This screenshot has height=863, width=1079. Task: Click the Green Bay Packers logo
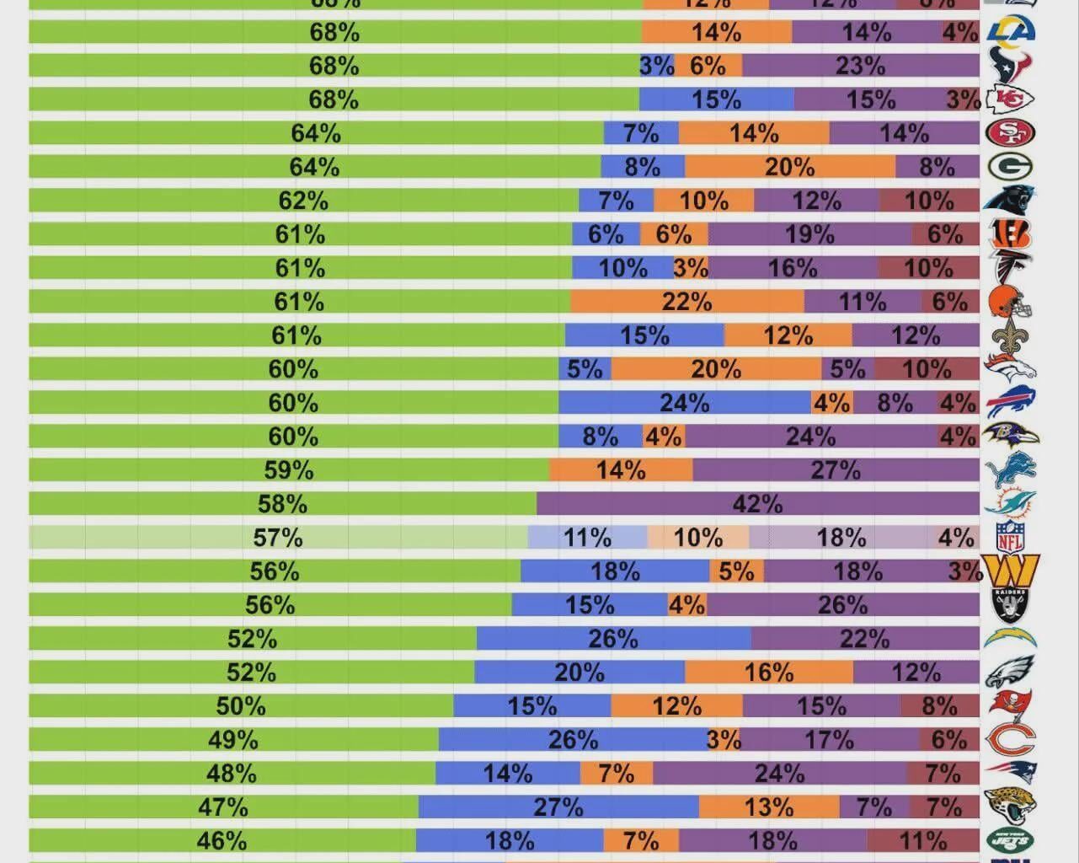[1011, 166]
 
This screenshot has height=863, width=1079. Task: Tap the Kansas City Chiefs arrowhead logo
[1011, 99]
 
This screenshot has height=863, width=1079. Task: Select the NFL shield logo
[1010, 537]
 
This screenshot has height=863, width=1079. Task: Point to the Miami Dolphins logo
[1010, 503]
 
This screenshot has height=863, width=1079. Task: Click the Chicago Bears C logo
[1010, 739]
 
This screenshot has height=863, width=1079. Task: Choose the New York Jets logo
[1010, 840]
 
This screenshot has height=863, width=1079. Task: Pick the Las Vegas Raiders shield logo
[1010, 604]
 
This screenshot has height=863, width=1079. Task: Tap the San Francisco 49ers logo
[1011, 133]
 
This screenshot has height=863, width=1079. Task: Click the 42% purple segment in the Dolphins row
[758, 504]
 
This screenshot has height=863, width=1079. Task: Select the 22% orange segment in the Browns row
[686, 302]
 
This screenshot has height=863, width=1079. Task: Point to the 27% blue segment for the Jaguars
[558, 807]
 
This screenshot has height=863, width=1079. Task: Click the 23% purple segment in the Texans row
[860, 66]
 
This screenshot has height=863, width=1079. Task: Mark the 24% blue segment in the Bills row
[684, 403]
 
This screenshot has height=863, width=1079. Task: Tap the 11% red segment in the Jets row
[923, 840]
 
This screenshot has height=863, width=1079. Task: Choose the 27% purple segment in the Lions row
[836, 470]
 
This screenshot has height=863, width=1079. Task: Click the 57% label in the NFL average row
[278, 538]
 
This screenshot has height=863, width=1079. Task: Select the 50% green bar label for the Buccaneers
[241, 705]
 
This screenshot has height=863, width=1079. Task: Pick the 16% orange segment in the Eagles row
[768, 672]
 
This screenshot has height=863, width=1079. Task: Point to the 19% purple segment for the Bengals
[809, 234]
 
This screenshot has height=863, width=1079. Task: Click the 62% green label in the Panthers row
[303, 201]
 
